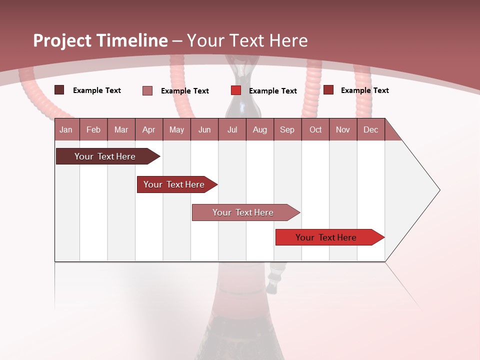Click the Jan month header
click(x=66, y=129)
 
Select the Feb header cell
click(x=93, y=129)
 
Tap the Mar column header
click(x=121, y=129)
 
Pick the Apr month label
click(x=149, y=129)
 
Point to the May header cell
click(x=176, y=129)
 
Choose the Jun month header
click(x=204, y=129)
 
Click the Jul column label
click(x=232, y=129)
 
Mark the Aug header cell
click(x=260, y=129)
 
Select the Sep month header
click(x=287, y=129)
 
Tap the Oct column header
click(x=315, y=129)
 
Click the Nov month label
click(x=343, y=129)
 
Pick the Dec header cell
click(x=371, y=129)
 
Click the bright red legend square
click(x=236, y=90)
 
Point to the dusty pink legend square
click(x=147, y=90)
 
